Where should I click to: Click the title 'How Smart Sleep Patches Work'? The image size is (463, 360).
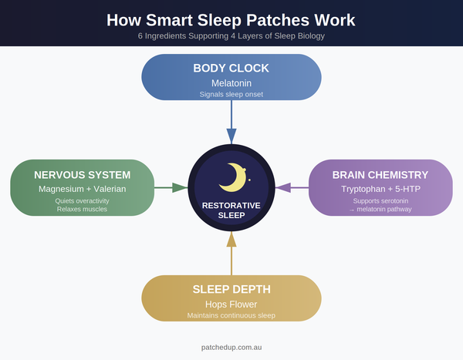[231, 19]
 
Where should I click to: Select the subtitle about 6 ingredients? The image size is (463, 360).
[231, 35]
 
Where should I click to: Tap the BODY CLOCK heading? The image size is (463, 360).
[231, 68]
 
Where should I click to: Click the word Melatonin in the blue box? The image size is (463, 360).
[231, 82]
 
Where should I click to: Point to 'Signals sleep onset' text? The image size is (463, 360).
[231, 95]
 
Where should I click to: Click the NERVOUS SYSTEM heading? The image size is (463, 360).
[82, 175]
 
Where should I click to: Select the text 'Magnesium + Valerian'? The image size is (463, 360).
[82, 189]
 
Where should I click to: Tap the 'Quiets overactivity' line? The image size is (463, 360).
[82, 200]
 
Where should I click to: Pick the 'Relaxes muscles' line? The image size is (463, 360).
[82, 209]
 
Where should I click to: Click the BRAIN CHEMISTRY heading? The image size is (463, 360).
[380, 175]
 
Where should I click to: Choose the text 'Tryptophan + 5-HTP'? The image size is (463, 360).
[380, 189]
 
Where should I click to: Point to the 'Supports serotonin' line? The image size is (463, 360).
[380, 200]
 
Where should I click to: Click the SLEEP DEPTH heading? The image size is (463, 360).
[231, 290]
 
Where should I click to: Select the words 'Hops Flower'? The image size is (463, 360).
[231, 304]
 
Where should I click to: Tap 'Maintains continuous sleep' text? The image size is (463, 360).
[231, 315]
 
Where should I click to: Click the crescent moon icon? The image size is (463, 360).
[232, 177]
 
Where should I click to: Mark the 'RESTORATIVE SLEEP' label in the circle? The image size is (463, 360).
[231, 210]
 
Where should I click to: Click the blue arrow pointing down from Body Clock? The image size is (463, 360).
[231, 123]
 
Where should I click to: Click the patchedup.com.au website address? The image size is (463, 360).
[231, 348]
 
